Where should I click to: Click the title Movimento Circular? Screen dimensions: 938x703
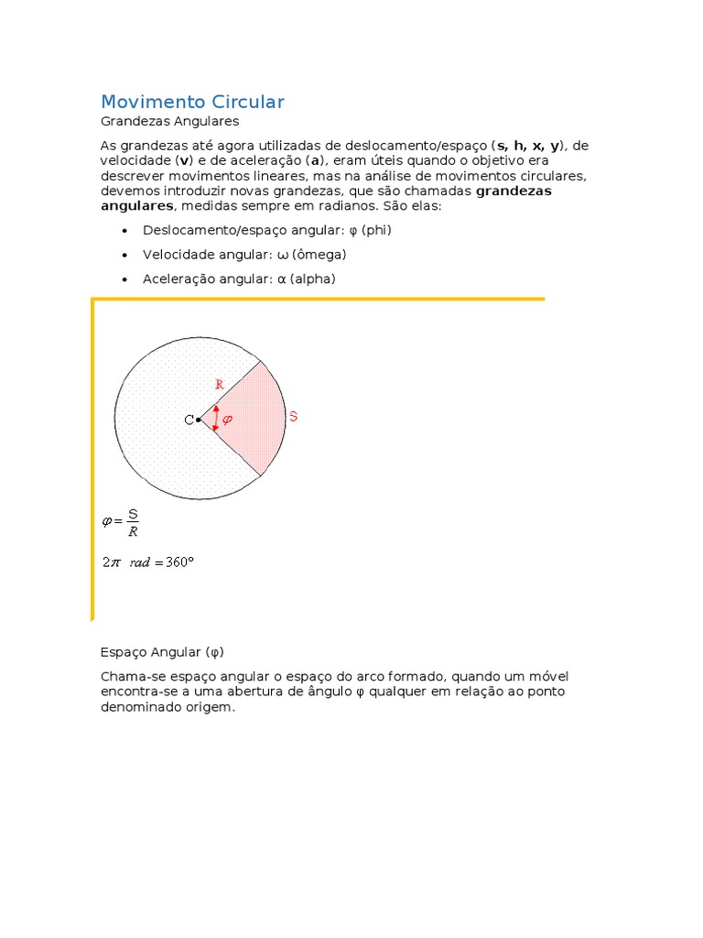pos(192,102)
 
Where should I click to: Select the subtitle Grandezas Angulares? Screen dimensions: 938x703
pos(169,121)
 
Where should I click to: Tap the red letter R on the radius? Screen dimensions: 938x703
pos(219,385)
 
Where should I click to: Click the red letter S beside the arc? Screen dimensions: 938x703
pos(293,417)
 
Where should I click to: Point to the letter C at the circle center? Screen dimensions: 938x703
pos(189,420)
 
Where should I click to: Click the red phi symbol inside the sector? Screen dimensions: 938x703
pos(228,420)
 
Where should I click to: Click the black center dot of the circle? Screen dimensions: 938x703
pos(198,420)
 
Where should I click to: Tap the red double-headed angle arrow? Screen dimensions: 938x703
pos(215,419)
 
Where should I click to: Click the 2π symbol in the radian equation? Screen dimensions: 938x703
pos(111,562)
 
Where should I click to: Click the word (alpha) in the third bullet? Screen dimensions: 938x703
pos(312,278)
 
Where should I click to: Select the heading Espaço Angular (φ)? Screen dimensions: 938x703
pos(161,652)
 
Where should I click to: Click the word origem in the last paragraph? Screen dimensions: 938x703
pos(211,708)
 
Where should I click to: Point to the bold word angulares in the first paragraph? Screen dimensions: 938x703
pos(135,206)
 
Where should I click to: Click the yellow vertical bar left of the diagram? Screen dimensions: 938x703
pos(92,458)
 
